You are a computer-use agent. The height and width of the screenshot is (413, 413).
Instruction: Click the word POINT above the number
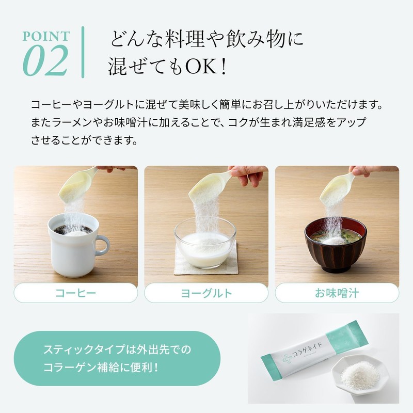pos(45,37)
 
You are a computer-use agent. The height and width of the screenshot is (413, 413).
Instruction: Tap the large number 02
pos(45,60)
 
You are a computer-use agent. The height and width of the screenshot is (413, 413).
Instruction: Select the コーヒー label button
pos(75,293)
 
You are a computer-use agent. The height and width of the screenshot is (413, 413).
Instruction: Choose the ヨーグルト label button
pos(206,293)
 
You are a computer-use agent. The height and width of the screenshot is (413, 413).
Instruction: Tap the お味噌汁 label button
pos(337,293)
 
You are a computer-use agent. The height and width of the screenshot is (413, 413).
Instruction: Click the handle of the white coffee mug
pos(103,245)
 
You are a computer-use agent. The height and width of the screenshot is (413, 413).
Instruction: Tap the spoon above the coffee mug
pos(77,183)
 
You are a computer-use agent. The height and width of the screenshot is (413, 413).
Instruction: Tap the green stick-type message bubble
pos(117,358)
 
